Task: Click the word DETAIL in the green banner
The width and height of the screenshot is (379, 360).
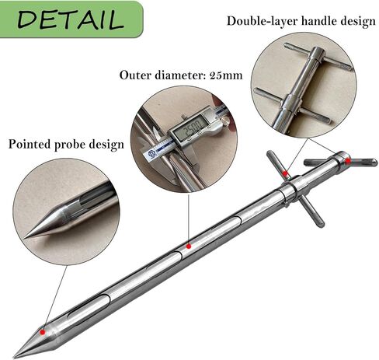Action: pos(71,19)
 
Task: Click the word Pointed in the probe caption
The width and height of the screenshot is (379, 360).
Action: pos(30,144)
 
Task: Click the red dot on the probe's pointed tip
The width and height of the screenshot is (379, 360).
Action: pos(43,332)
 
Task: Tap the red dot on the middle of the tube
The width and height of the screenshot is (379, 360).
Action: pos(189,246)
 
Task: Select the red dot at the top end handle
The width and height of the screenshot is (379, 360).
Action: pos(348,161)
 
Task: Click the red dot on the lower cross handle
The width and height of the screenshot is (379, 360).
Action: pos(285,173)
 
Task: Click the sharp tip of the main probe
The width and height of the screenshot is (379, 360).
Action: pos(14,357)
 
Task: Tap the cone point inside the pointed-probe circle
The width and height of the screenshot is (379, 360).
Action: pos(25,237)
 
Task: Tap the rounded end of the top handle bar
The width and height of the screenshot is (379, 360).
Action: pos(374,163)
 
